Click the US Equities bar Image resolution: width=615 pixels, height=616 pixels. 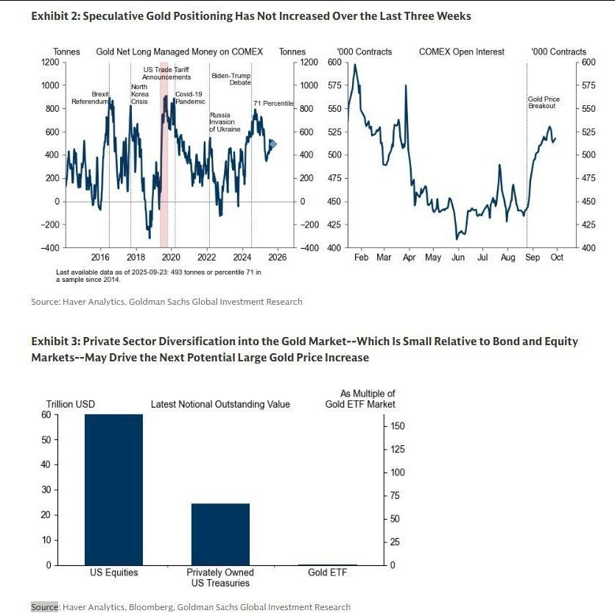(113, 489)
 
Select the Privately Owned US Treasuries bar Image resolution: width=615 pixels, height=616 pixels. (220, 534)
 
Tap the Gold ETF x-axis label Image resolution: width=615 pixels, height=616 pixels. (328, 573)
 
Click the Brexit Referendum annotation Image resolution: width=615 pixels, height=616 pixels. (91, 97)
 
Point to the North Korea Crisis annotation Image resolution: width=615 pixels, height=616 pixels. (139, 93)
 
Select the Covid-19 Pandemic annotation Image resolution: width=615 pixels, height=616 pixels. (190, 97)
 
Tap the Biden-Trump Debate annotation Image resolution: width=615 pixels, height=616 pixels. (231, 79)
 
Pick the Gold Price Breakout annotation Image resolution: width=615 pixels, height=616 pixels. (542, 102)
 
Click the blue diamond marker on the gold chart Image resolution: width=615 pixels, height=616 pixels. (273, 144)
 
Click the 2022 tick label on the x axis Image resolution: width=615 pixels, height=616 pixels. (207, 258)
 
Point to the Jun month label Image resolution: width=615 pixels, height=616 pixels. (457, 258)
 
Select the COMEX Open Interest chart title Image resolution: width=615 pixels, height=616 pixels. (462, 52)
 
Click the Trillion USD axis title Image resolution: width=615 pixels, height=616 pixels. (71, 404)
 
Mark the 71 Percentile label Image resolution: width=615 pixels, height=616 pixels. (273, 104)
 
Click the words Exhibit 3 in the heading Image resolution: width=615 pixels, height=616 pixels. (53, 341)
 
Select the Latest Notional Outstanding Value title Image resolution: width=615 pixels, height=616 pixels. (220, 404)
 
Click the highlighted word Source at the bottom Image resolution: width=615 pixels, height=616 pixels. (44, 607)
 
